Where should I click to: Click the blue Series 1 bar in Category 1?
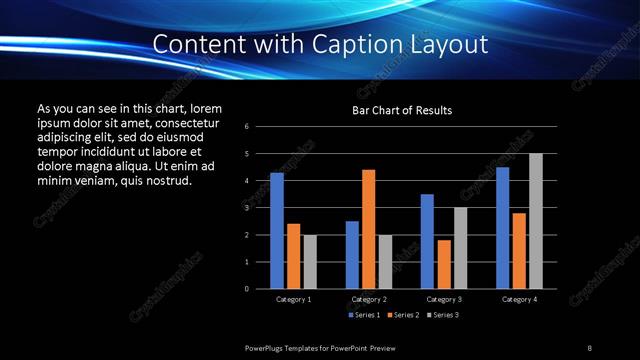[277, 231]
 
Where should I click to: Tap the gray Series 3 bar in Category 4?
[536, 221]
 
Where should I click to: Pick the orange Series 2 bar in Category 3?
[444, 264]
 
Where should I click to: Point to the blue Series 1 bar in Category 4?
[502, 228]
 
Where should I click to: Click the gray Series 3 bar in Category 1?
[310, 262]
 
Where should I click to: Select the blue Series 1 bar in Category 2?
[352, 255]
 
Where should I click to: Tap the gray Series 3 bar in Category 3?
[461, 248]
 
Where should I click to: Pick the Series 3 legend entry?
[442, 316]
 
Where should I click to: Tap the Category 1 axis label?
[293, 300]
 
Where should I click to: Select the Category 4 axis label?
[519, 300]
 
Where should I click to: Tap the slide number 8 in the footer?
[589, 347]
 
